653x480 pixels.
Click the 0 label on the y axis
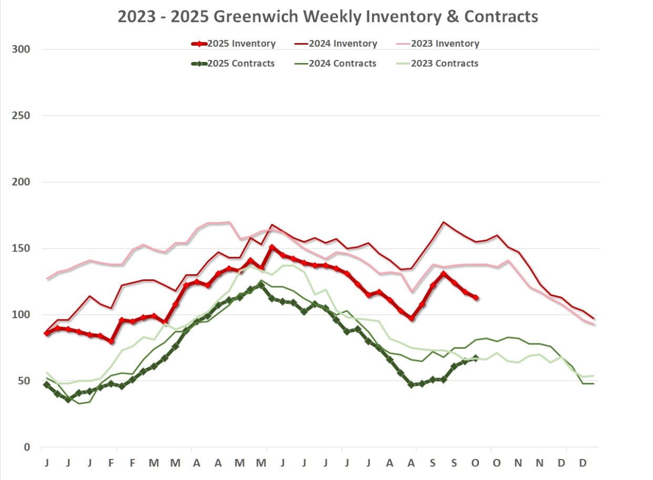pos(27,447)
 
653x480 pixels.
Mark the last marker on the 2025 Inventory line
pos(476,297)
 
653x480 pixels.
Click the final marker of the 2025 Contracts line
pos(476,358)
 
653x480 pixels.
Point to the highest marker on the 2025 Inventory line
pos(272,247)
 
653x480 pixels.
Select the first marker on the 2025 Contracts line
pos(47,385)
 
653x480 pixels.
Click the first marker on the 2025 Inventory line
pos(47,333)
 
